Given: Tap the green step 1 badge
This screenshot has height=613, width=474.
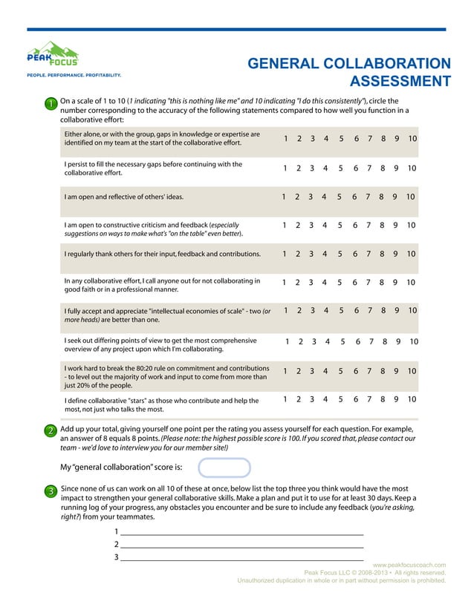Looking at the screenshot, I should pos(49,105).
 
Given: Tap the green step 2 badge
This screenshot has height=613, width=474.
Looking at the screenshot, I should pos(49,431).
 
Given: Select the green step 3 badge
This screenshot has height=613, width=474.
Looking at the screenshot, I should pos(49,491).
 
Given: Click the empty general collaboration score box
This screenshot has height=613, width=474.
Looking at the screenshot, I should pos(224,468).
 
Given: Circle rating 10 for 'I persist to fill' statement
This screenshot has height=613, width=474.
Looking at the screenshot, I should pos(412,168).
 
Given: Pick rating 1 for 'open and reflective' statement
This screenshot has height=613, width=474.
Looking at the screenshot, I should pos(284,197).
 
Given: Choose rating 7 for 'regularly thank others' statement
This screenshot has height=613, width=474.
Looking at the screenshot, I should pos(369,254).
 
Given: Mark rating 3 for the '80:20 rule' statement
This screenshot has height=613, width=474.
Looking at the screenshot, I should pos(313,371).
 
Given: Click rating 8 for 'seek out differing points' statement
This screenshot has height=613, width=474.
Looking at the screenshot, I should pos(385,342).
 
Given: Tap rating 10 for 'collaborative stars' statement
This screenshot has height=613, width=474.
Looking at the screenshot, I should pos(412,399).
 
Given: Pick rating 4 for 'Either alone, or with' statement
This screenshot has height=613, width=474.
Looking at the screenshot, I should pos(327,139).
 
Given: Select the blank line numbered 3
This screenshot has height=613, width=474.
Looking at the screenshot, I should pos(241,557).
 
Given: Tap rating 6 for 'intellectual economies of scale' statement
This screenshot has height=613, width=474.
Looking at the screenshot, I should pos(357,310).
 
